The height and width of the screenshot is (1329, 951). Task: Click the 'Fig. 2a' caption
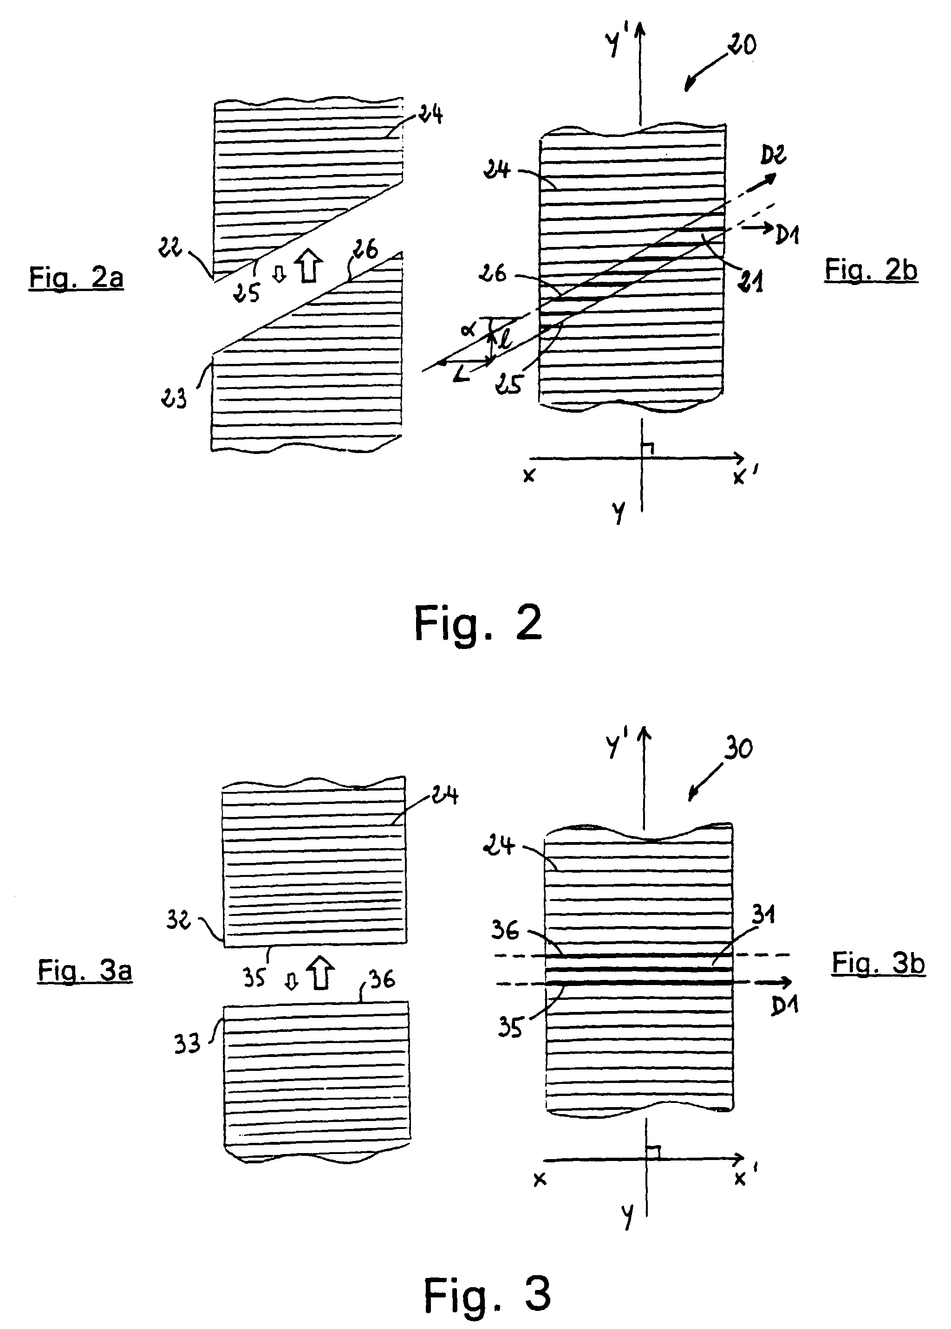click(76, 277)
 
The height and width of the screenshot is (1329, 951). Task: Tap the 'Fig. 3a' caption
click(85, 970)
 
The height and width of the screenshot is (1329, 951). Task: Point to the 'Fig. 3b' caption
click(879, 963)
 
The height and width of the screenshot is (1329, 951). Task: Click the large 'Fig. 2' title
click(478, 623)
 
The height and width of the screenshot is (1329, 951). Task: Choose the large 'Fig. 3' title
click(487, 1295)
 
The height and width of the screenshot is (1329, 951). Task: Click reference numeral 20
click(742, 45)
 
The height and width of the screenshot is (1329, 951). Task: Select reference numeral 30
click(738, 749)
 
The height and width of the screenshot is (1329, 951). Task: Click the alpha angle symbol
click(469, 330)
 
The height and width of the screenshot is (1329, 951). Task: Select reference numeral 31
click(763, 914)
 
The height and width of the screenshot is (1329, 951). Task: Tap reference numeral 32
click(179, 921)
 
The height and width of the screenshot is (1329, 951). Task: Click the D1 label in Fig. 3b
click(784, 1006)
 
